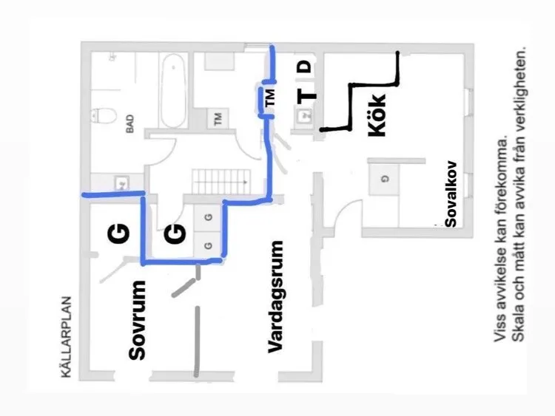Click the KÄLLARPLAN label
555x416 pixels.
(x=66, y=337)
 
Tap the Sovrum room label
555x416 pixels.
(x=137, y=320)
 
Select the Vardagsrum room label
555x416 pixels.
(x=275, y=296)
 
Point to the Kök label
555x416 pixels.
(x=377, y=115)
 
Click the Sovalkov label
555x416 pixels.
(x=451, y=194)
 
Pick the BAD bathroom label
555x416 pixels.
(x=130, y=123)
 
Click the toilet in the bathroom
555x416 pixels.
(x=104, y=115)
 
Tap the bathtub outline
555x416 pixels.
(x=173, y=91)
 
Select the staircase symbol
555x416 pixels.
(x=221, y=182)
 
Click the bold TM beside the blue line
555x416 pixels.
(x=269, y=98)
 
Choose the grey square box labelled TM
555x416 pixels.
(x=218, y=118)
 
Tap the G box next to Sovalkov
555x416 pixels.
(x=384, y=180)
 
